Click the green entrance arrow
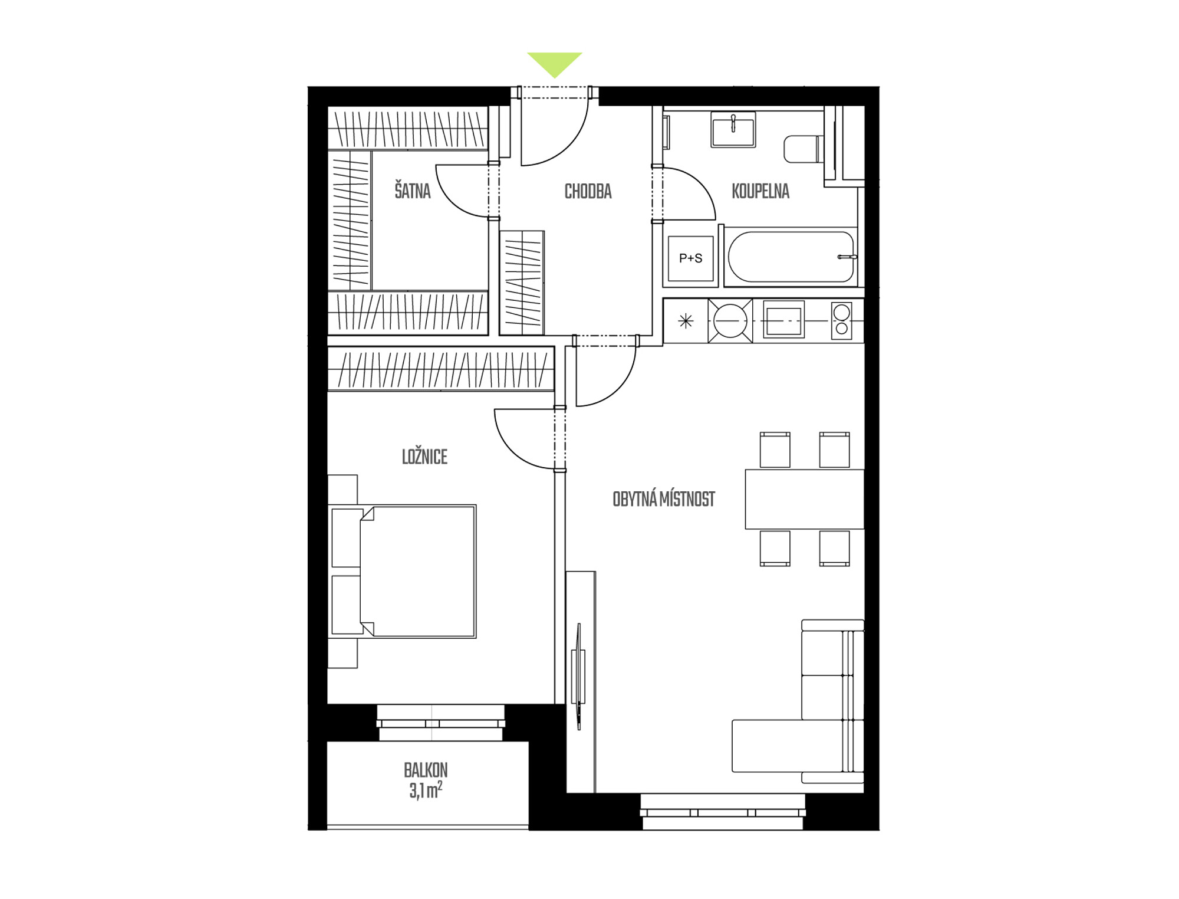pyautogui.click(x=554, y=64)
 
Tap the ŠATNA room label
pyautogui.click(x=413, y=191)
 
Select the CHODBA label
pyautogui.click(x=588, y=191)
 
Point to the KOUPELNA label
pyautogui.click(x=760, y=191)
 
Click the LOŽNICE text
pyautogui.click(x=424, y=457)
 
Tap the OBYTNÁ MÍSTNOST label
pyautogui.click(x=664, y=499)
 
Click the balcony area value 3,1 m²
pyautogui.click(x=426, y=790)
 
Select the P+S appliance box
pyautogui.click(x=690, y=258)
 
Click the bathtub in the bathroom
pyautogui.click(x=791, y=257)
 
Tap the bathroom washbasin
pyautogui.click(x=733, y=129)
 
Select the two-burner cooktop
pyautogui.click(x=842, y=321)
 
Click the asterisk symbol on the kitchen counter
pyautogui.click(x=686, y=321)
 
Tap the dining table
pyautogui.click(x=805, y=499)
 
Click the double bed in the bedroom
pyautogui.click(x=402, y=571)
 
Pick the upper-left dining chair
pyautogui.click(x=775, y=449)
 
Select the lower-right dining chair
pyautogui.click(x=834, y=548)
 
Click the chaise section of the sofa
pyautogui.click(x=790, y=746)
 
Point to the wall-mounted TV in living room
pyautogui.click(x=579, y=676)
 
